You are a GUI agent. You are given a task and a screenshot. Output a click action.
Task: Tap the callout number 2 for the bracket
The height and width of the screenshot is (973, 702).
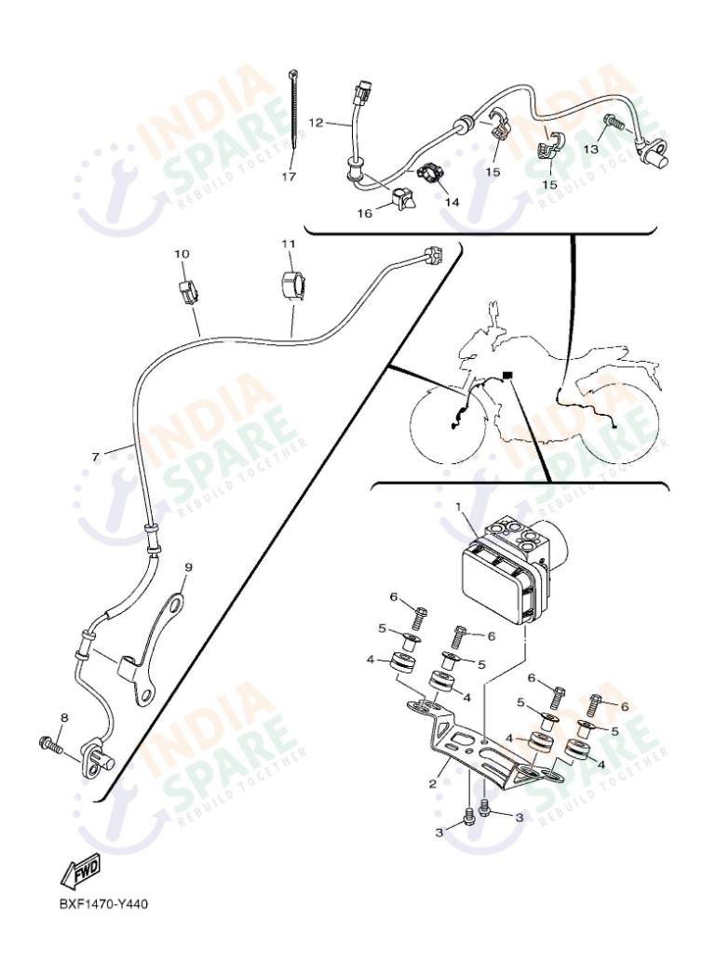pos(432,784)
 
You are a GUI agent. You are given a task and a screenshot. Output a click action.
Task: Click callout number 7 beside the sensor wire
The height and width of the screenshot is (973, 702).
pos(95,456)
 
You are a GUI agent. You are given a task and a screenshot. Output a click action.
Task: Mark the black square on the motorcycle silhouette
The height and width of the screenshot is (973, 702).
pos(507,375)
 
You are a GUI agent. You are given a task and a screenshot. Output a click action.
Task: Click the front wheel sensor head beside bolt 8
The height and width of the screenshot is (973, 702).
pos(96,759)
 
